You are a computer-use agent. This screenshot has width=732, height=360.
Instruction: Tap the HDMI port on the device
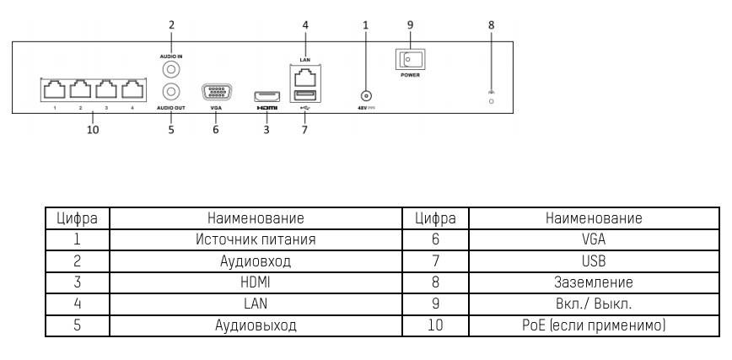click(266, 94)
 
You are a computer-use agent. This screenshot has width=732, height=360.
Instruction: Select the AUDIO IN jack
click(171, 71)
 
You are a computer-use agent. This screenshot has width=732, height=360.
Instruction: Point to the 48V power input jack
click(366, 98)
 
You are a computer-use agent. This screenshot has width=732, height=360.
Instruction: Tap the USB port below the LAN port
click(304, 94)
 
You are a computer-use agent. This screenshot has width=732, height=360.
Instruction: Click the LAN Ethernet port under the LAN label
click(304, 76)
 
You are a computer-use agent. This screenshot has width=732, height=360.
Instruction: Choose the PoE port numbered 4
click(131, 89)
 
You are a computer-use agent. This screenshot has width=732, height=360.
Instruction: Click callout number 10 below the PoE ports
click(93, 130)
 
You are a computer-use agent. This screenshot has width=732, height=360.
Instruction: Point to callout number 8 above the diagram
click(492, 24)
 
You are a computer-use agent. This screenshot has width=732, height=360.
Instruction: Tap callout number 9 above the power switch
click(411, 24)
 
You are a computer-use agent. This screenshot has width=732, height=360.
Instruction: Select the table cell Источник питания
click(256, 239)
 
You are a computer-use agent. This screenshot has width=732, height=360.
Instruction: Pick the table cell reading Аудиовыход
click(256, 324)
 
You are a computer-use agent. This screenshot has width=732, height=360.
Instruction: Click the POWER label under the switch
click(411, 75)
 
